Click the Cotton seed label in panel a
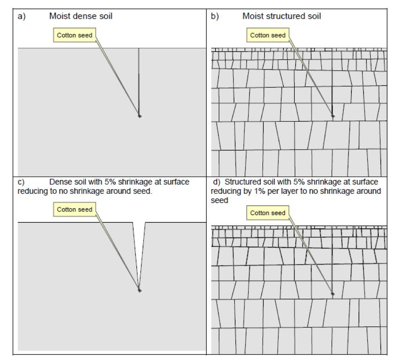coord(74,35)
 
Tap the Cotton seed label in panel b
coord(268,35)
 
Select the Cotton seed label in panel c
coord(74,209)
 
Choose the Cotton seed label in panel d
coord(268,213)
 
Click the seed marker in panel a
coord(140,116)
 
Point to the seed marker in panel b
coord(333,116)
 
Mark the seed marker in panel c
coord(140,290)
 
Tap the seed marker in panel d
coord(333,294)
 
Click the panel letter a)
coord(22,16)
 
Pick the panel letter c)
coord(21,182)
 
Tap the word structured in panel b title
coord(284,16)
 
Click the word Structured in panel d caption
coord(241,182)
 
